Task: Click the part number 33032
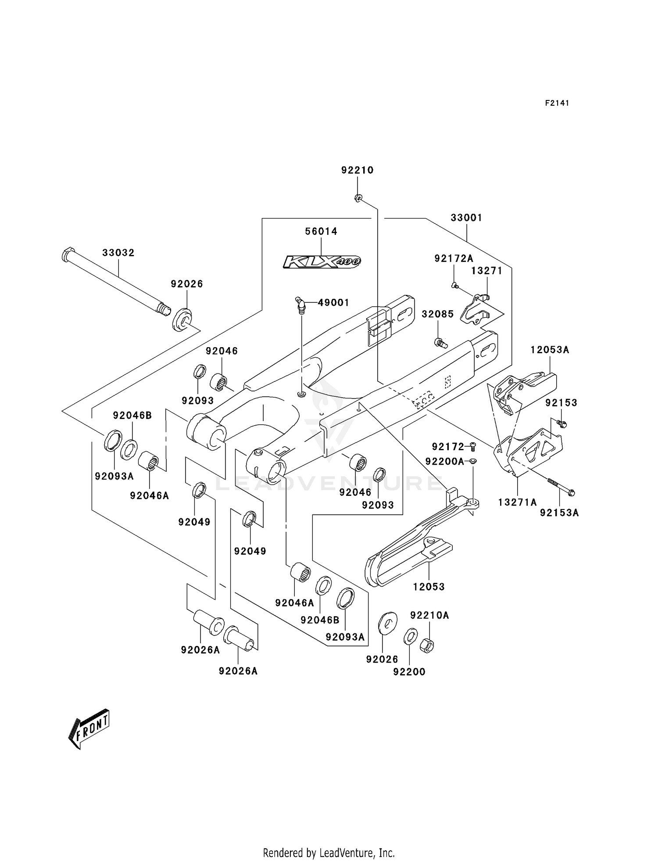(118, 253)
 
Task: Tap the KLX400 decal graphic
(322, 262)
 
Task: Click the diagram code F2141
(557, 103)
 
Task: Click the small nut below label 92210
(358, 199)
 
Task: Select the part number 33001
(466, 218)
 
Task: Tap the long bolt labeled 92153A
(561, 487)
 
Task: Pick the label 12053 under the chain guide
(429, 587)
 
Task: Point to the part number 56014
(321, 231)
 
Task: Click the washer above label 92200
(410, 637)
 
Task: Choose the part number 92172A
(454, 258)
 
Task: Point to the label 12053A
(549, 350)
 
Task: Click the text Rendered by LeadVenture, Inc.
(329, 853)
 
